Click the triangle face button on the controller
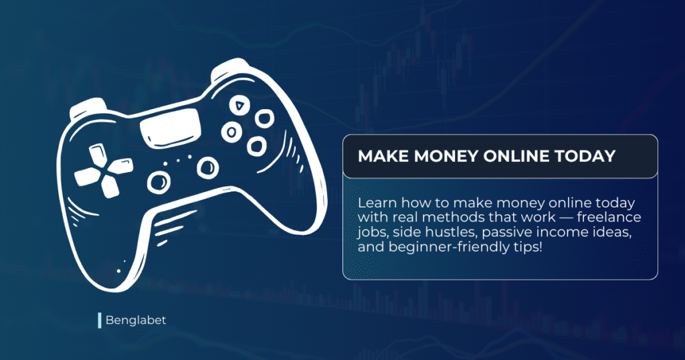pos(239,105)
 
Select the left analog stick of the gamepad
pos(159,181)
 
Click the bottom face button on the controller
pos(256,145)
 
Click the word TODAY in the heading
pos(584,157)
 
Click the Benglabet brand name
pos(136,321)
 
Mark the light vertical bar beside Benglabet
pos(99,321)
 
